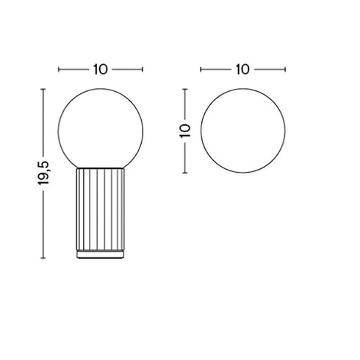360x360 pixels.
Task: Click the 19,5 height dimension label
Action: click(46, 172)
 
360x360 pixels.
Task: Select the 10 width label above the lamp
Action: click(101, 70)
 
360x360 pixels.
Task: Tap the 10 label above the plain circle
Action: click(242, 70)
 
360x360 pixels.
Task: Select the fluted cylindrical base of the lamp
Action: click(101, 209)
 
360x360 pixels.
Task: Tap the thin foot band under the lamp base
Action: click(101, 254)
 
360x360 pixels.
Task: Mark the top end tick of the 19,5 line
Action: click(46, 88)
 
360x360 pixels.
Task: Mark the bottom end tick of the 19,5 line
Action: click(46, 258)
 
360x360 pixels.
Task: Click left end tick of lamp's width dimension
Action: click(58, 70)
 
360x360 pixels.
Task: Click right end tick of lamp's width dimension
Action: click(144, 70)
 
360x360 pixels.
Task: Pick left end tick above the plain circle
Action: click(200, 70)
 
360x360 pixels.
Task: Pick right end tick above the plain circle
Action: click(285, 70)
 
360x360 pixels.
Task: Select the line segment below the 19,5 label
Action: click(46, 224)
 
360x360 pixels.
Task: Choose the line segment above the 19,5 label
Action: click(46, 121)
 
